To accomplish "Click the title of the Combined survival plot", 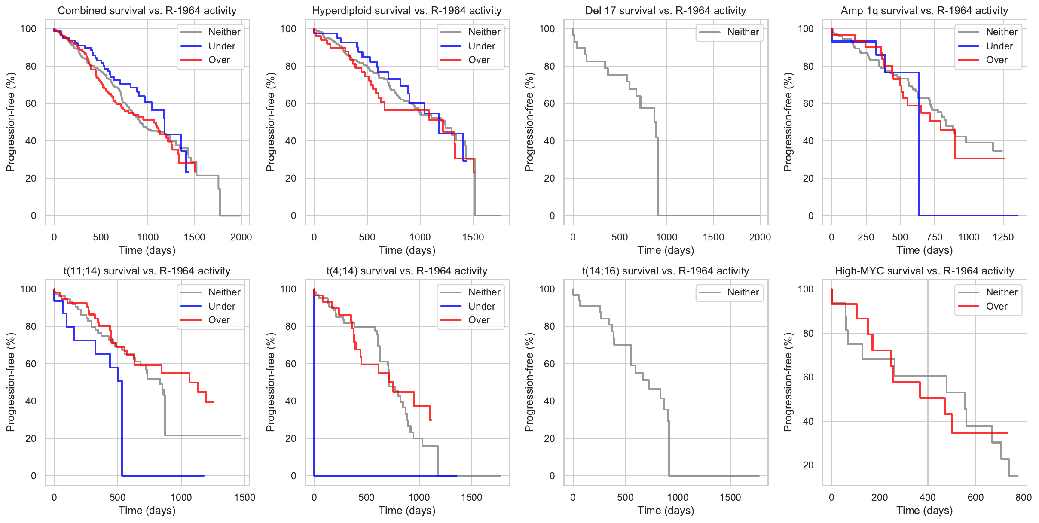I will pyautogui.click(x=147, y=11).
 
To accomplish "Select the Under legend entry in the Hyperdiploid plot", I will pyautogui.click(x=481, y=46).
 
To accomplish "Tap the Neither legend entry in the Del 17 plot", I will pyautogui.click(x=743, y=32).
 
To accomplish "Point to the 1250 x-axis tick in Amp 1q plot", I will pyautogui.click(x=1003, y=237).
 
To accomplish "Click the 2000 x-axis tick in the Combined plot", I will pyautogui.click(x=241, y=237).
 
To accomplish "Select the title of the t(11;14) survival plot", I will pyautogui.click(x=147, y=271).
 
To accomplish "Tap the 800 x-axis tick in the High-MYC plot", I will pyautogui.click(x=1024, y=497).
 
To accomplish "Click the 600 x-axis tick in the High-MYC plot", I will pyautogui.click(x=975, y=497).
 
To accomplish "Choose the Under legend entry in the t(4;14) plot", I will pyautogui.click(x=481, y=306).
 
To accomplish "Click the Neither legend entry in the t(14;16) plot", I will pyautogui.click(x=743, y=292).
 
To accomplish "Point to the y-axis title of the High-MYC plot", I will pyautogui.click(x=788, y=382).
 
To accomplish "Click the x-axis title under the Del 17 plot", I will pyautogui.click(x=666, y=250).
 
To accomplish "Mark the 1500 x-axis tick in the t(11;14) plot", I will pyautogui.click(x=244, y=497).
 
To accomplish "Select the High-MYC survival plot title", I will pyautogui.click(x=924, y=271).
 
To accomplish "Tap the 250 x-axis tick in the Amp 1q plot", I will pyautogui.click(x=866, y=237).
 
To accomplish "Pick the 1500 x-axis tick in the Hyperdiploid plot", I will pyautogui.click(x=473, y=237).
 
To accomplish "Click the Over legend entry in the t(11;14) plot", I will pyautogui.click(x=219, y=320).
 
